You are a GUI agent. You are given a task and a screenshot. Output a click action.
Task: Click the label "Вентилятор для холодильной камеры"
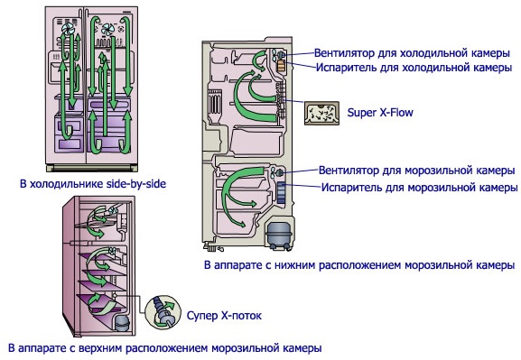click(412, 53)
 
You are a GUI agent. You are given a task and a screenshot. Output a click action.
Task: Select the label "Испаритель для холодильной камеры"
click(414, 68)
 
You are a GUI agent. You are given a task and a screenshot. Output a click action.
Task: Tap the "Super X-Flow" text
click(380, 113)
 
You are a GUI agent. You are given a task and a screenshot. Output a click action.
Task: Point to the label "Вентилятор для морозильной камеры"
click(416, 171)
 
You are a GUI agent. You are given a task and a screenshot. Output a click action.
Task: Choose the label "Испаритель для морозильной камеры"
click(419, 188)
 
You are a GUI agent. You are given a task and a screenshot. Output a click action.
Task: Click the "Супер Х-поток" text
click(224, 315)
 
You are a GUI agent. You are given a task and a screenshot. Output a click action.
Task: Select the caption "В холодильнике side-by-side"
click(93, 184)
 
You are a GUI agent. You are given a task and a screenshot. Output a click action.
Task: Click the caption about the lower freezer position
click(359, 265)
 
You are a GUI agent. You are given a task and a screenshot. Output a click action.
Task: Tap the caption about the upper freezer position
click(165, 348)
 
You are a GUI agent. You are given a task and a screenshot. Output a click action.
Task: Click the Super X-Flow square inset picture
click(321, 114)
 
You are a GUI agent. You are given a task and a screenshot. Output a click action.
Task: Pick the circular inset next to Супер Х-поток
click(163, 312)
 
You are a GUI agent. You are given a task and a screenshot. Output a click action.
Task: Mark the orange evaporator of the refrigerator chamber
click(281, 66)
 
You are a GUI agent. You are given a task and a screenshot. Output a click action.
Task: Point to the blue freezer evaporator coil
click(281, 192)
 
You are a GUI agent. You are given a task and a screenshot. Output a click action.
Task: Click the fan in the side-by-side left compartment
click(69, 30)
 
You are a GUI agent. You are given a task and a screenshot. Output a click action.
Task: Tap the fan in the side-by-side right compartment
click(108, 29)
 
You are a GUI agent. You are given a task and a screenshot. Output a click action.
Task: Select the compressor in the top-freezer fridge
click(121, 323)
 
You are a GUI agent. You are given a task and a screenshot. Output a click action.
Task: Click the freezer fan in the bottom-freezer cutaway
click(277, 172)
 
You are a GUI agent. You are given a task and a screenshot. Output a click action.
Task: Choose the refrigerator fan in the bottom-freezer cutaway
click(278, 54)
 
